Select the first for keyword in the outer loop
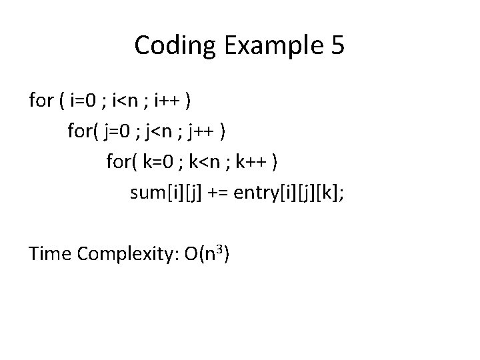[42, 101]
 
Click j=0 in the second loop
[122, 131]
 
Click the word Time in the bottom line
[51, 254]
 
